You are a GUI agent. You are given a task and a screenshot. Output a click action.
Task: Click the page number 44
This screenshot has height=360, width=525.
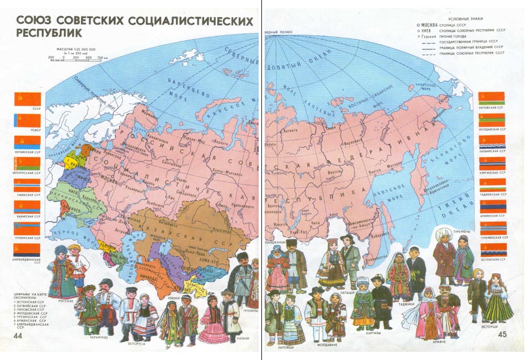click(x=18, y=336)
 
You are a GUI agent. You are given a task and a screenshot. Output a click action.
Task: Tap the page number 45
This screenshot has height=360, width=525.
click(x=502, y=334)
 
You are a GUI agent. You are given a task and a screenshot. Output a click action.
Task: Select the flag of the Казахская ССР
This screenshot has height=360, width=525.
click(x=27, y=207)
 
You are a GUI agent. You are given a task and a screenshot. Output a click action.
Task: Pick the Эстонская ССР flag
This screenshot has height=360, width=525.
click(x=492, y=248)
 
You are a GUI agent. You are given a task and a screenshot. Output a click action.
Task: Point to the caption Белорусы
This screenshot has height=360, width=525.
click(x=138, y=343)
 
